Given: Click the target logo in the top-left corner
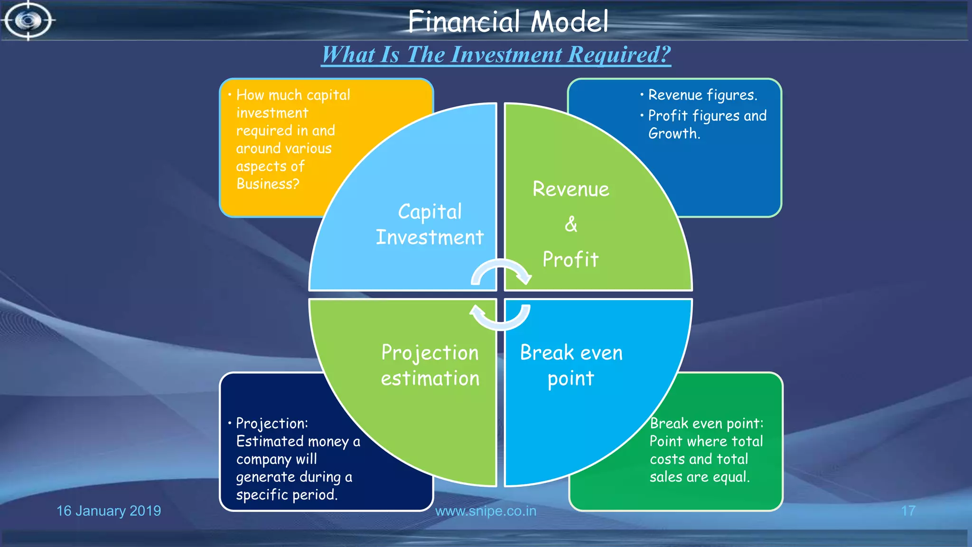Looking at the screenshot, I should [28, 20].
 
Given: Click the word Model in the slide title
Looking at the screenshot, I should [569, 22].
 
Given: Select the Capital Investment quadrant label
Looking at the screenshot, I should [430, 224].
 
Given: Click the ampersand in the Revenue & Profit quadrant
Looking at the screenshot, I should [571, 224].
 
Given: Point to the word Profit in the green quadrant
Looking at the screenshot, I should [570, 259].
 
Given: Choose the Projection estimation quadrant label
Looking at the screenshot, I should [430, 365].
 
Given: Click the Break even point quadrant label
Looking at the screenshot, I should [571, 365].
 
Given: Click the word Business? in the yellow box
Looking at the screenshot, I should [268, 184].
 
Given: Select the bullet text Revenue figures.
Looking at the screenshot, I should [702, 95].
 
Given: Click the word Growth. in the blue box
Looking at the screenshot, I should [674, 133].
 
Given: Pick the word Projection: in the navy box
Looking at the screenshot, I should [272, 423].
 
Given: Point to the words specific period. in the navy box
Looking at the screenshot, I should [287, 494].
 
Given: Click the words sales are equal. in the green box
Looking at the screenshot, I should [699, 476].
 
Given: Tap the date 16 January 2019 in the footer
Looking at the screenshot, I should [109, 511].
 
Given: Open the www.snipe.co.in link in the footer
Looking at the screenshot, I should [486, 511].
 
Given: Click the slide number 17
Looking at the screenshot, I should [908, 511].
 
